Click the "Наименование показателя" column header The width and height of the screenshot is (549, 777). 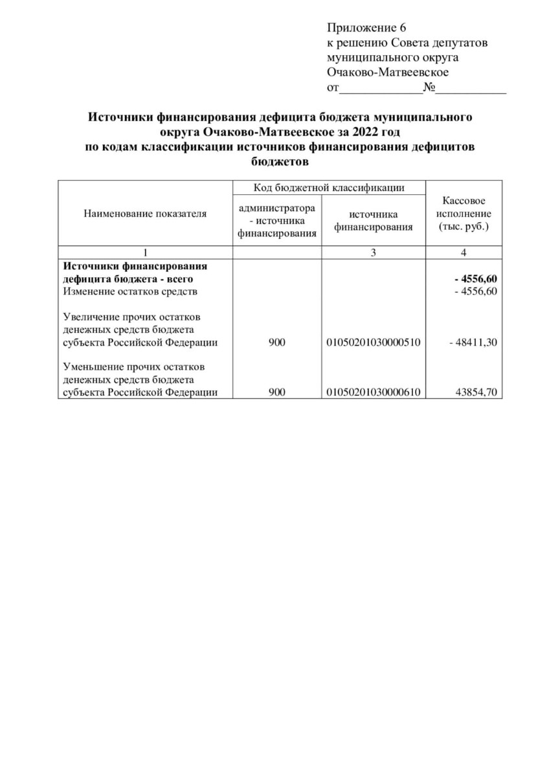pos(145,213)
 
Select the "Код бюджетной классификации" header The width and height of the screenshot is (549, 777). pos(329,188)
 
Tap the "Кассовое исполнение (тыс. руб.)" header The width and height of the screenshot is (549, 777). pos(464,214)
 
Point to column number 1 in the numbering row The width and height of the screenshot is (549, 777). pos(146,253)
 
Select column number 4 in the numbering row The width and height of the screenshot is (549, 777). pos(464,253)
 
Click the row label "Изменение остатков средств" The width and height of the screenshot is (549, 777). pos(129,291)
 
